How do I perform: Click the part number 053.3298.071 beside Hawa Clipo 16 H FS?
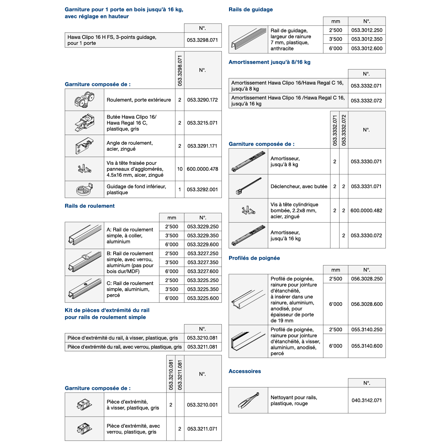click(202, 40)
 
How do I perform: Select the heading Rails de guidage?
click(250, 10)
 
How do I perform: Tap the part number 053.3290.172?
click(202, 100)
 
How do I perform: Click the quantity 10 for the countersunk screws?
click(180, 169)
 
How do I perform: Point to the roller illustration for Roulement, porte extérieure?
click(84, 100)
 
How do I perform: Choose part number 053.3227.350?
click(203, 262)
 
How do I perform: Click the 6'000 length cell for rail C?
click(172, 298)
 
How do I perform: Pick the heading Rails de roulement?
click(90, 206)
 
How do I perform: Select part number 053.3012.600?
click(367, 48)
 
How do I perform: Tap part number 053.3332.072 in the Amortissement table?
click(366, 101)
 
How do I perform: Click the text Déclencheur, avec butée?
click(299, 187)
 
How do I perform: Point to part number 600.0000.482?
click(366, 211)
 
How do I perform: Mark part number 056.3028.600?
click(367, 304)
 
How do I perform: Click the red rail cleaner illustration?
click(248, 400)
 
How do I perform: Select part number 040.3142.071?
click(367, 400)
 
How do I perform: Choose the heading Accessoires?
click(245, 371)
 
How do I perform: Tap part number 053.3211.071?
click(202, 429)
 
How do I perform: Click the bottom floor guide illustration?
click(84, 190)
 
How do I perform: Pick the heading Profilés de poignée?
click(254, 258)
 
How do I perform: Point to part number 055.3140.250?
click(367, 330)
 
